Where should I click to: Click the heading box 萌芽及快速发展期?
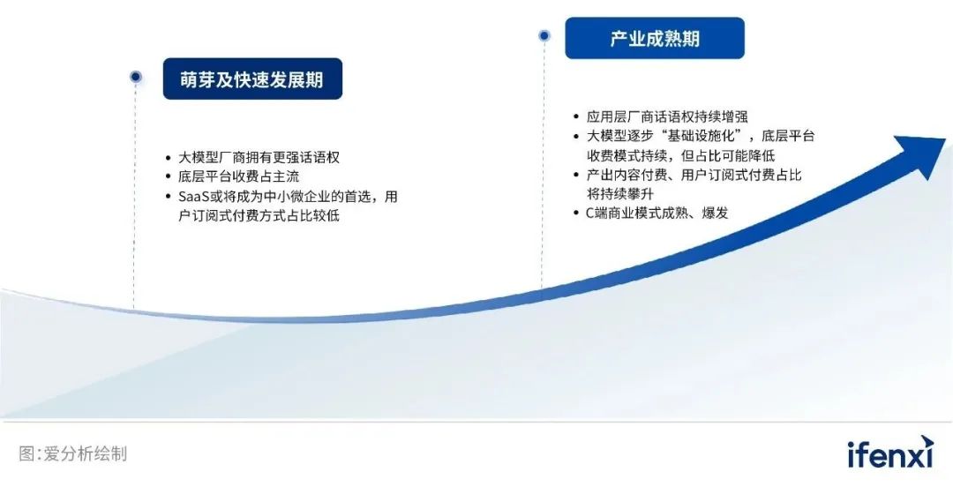252,79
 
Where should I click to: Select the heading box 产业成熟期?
655,38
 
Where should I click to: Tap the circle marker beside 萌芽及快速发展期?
136,77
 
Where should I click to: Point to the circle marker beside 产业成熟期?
544,36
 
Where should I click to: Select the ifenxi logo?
890,453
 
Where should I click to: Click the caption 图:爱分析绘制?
73,453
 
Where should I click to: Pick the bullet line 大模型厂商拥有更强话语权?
259,157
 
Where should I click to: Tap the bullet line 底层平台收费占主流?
239,177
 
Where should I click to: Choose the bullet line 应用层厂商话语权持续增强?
667,116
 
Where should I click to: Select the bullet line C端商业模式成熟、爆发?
657,213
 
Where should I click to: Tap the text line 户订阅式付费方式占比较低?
259,216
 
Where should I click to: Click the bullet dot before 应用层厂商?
576,116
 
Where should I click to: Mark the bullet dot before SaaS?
169,197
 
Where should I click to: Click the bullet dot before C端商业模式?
576,213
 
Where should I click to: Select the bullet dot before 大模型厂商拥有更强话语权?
169,158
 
